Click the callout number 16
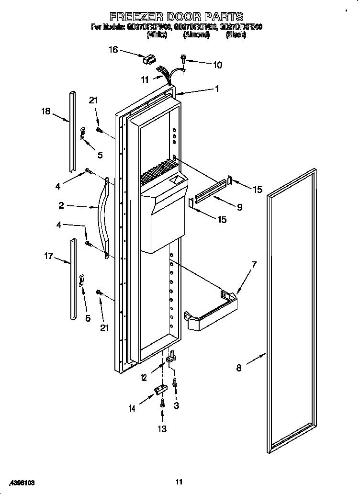(x=113, y=49)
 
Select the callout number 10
(x=217, y=65)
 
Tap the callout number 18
(x=45, y=112)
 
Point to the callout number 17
(x=49, y=257)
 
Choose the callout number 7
(x=254, y=264)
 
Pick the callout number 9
(x=239, y=207)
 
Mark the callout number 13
(x=162, y=429)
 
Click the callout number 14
(x=132, y=408)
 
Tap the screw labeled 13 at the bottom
(x=162, y=403)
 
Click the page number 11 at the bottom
(x=179, y=482)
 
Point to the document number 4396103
(x=22, y=483)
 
